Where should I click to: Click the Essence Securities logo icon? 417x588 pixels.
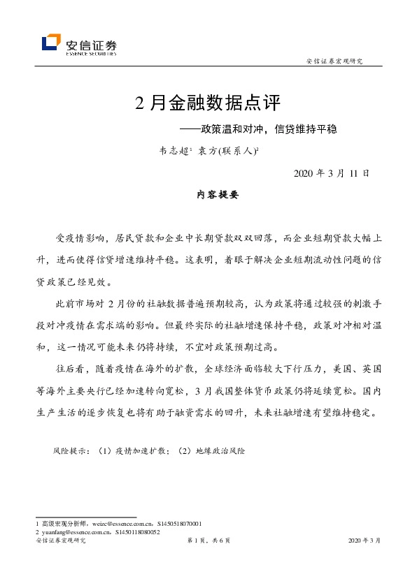(51, 43)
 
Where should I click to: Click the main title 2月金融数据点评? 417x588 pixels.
(208, 104)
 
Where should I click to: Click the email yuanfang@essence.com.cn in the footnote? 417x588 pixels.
(73, 531)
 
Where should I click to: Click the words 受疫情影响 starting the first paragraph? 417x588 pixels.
(76, 238)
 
